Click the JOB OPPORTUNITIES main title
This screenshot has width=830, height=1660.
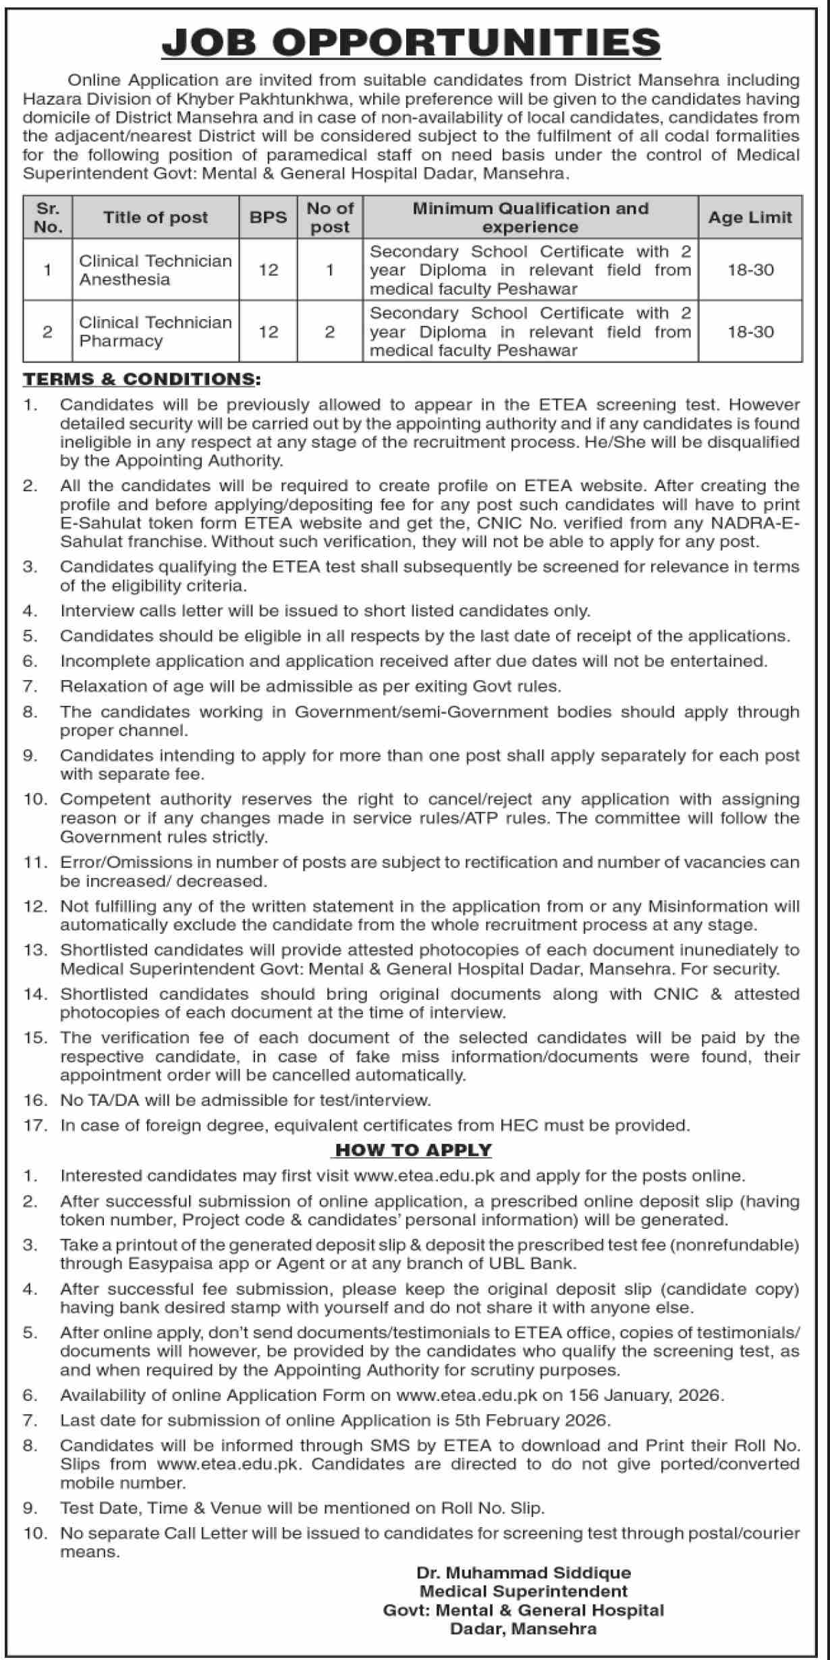(411, 43)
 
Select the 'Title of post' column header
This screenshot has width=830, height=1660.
(155, 217)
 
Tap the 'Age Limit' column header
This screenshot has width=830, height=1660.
(750, 217)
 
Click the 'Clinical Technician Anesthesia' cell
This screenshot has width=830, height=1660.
(155, 270)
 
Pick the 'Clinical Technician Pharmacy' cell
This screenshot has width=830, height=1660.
(155, 331)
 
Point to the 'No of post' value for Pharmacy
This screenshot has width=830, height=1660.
(330, 332)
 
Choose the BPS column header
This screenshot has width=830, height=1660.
(268, 217)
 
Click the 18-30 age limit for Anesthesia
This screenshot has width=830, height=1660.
(750, 270)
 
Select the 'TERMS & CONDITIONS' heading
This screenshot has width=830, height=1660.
(141, 379)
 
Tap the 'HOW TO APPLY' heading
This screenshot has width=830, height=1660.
(414, 1150)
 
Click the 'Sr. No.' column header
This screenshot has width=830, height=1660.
(47, 217)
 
